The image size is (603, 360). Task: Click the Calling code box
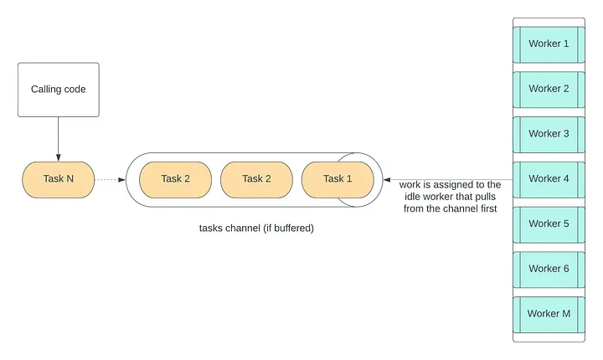[x=58, y=90]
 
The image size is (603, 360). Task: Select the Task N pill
[x=58, y=179]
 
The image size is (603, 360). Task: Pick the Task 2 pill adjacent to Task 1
[x=256, y=179]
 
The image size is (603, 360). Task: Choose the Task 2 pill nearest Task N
[x=175, y=179]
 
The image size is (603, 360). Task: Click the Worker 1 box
[x=549, y=44]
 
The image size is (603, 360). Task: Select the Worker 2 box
[x=549, y=89]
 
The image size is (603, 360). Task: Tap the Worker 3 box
[x=549, y=134]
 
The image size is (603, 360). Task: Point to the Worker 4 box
[x=549, y=178]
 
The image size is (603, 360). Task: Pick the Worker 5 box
[x=549, y=224]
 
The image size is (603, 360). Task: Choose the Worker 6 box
[x=549, y=269]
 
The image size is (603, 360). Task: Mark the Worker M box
[x=549, y=314]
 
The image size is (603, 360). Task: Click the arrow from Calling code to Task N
[x=58, y=137]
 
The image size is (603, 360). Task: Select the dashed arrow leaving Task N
[x=109, y=179]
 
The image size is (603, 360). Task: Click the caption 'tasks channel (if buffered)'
[x=256, y=228]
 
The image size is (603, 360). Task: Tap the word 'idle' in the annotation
[x=413, y=197]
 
